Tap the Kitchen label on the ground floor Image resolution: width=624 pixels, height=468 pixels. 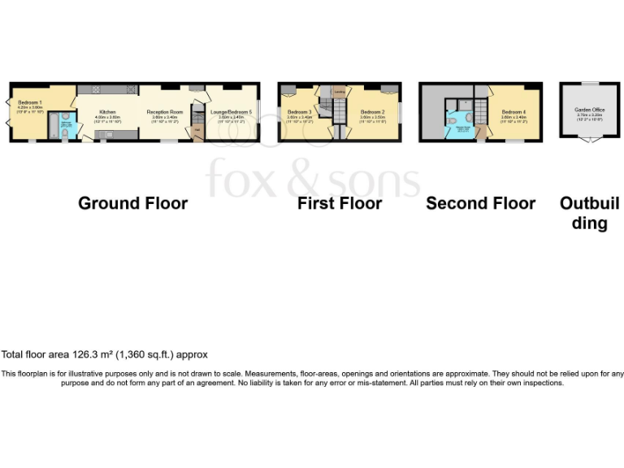108,111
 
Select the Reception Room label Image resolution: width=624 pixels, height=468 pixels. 164,111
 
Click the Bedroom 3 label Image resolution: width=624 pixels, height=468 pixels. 299,111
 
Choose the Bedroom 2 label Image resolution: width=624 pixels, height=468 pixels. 372,111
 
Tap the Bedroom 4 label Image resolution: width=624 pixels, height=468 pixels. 513,111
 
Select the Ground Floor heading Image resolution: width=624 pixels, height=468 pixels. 132,203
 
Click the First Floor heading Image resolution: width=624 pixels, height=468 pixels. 339,203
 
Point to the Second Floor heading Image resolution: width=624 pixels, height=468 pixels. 480,203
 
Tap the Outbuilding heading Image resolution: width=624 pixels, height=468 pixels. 589,212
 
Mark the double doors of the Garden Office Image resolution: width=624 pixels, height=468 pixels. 589,140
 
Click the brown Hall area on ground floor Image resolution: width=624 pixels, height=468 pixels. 197,130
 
